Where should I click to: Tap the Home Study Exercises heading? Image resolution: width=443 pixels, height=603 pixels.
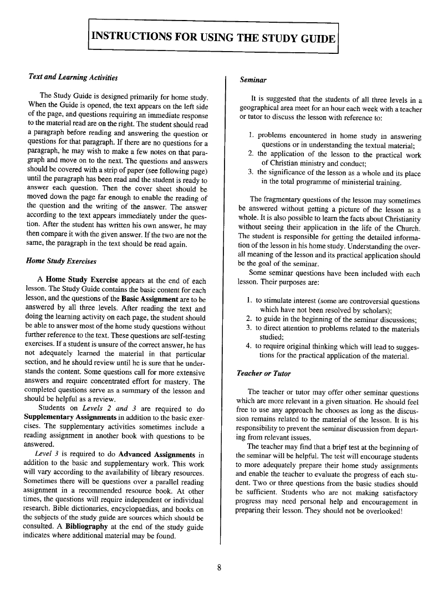coord(62,261)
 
